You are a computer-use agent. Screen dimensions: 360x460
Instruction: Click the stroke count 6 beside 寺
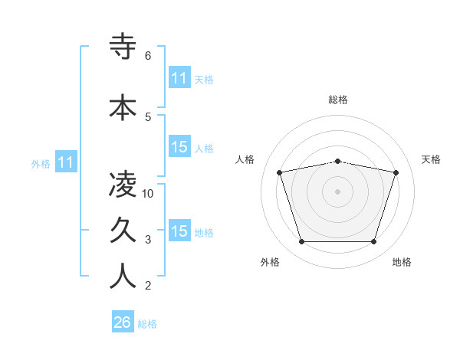point(148,55)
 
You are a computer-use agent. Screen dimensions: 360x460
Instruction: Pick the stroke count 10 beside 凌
point(149,193)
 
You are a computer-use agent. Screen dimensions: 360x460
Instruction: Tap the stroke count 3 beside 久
point(148,240)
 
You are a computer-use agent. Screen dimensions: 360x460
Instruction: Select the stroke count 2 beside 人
point(148,286)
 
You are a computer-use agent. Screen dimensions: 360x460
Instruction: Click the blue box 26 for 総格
point(123,323)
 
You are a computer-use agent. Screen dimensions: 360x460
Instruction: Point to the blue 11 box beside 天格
point(179,78)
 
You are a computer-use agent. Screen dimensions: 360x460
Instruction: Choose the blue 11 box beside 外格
point(65,162)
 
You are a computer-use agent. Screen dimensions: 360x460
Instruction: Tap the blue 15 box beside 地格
point(179,231)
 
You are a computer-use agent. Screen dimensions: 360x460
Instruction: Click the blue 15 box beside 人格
point(179,147)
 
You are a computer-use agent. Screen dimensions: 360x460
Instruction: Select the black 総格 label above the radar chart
point(338,100)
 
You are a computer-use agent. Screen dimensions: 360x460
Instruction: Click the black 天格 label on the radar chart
point(432,159)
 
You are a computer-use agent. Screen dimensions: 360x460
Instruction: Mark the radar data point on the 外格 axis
point(301,242)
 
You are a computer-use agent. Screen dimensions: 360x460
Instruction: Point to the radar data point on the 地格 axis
point(374,242)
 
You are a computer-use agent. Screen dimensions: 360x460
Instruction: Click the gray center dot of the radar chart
point(337,191)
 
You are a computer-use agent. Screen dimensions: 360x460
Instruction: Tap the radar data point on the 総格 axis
point(337,161)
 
